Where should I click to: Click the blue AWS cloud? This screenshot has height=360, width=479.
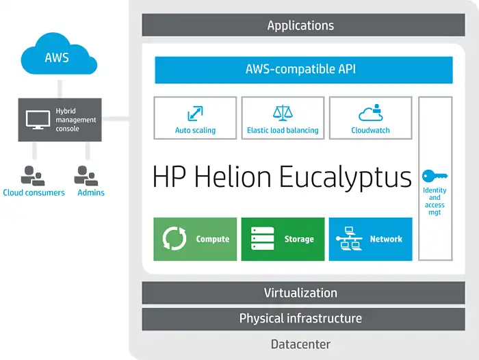coord(59,54)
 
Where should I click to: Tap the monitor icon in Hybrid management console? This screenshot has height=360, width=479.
coord(38,120)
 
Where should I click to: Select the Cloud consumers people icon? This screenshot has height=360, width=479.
coord(33,176)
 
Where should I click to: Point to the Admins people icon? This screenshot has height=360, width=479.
coord(86,176)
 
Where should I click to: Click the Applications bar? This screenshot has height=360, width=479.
coord(303,25)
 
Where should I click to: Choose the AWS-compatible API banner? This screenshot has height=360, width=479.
coord(304,70)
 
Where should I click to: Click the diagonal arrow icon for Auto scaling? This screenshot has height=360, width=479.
coord(195,114)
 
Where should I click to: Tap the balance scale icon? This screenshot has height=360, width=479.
coord(283,112)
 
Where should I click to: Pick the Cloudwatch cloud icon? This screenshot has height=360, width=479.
coord(371,113)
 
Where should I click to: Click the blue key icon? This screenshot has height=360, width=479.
coord(435,176)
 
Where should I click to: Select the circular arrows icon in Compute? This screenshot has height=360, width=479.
coord(174,239)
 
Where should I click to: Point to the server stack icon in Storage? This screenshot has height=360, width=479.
coord(262,238)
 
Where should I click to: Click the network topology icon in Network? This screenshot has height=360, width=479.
coord(349,239)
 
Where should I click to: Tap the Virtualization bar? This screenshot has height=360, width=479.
coord(303,293)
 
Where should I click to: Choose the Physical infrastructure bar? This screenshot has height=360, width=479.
coord(303,319)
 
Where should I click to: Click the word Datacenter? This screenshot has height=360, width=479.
coord(300,344)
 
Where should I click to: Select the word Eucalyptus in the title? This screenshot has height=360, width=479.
coord(345,177)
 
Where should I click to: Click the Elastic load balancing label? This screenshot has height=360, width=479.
coord(283,130)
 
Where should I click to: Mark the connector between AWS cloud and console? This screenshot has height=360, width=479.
coord(60,89)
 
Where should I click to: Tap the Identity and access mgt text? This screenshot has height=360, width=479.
coord(435,201)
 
